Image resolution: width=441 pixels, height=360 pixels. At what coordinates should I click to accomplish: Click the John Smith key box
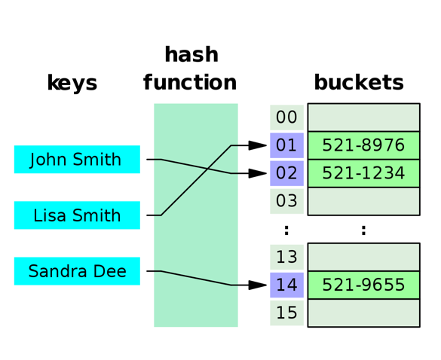click(77, 160)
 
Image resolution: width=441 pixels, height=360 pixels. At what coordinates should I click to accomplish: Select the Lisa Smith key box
click(77, 215)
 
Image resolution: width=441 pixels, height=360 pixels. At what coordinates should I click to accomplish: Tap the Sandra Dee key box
click(77, 271)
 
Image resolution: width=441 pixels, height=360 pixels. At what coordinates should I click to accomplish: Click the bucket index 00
click(286, 117)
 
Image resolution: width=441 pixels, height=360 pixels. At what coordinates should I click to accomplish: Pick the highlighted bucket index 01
click(286, 145)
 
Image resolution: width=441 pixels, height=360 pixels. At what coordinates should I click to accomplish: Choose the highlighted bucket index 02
click(286, 173)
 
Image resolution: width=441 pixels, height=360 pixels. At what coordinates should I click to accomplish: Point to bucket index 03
click(286, 201)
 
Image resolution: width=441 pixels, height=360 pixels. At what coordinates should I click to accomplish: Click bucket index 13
click(286, 258)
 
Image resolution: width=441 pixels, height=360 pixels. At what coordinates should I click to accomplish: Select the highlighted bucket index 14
click(286, 285)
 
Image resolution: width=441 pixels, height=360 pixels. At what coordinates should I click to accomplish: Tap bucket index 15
click(286, 313)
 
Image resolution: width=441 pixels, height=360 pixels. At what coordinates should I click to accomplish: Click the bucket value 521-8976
click(363, 145)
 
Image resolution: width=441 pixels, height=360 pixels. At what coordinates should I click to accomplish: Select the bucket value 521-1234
click(363, 173)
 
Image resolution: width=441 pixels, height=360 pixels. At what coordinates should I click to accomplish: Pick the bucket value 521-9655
click(363, 285)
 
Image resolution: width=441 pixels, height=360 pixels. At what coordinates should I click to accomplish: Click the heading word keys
click(72, 83)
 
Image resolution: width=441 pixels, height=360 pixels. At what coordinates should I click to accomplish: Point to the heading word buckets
click(359, 83)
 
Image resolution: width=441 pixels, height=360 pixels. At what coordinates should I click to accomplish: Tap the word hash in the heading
click(191, 55)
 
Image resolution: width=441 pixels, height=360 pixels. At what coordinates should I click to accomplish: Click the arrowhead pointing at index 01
click(259, 145)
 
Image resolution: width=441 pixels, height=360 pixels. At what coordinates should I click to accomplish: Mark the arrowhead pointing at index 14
click(259, 285)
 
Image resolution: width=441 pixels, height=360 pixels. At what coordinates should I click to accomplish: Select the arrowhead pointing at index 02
click(259, 173)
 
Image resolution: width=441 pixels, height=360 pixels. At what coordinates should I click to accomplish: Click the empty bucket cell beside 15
click(363, 313)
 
